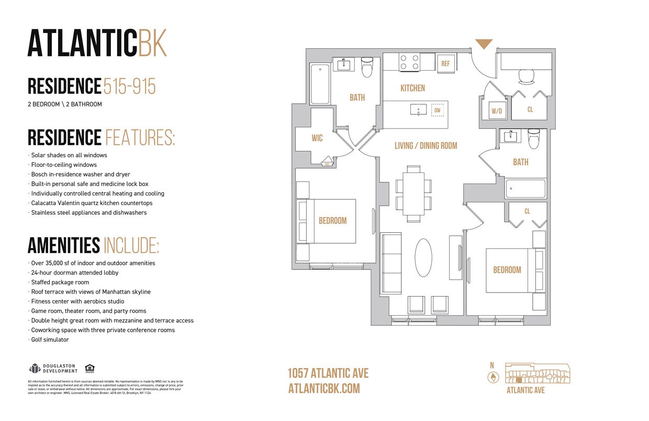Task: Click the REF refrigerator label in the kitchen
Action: pos(445,63)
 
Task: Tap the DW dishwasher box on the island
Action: pos(437,110)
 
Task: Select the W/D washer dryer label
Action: pos(496,111)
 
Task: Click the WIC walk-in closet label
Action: pos(317,138)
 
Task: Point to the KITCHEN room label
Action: pos(412,88)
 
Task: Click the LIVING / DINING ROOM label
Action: pos(426,146)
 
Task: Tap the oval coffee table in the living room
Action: pos(423,258)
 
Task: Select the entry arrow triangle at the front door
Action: pos(484,44)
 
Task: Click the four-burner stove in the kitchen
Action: pos(409,62)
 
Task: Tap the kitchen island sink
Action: pos(418,110)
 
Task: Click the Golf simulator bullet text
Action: pos(50,340)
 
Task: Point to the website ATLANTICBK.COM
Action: pos(324,388)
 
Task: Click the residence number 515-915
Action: pos(129,86)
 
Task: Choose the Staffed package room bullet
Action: pos(60,282)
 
